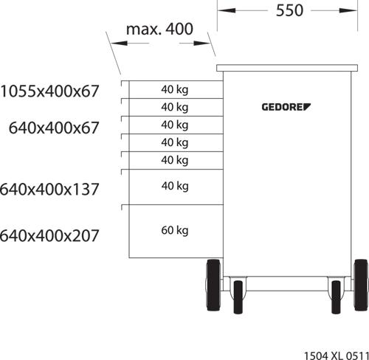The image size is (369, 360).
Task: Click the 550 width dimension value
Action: coord(289,10)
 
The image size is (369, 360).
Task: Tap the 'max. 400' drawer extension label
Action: coord(159,29)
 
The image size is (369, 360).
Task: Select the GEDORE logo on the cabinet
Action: coord(286,107)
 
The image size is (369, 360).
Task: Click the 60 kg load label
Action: coord(175,231)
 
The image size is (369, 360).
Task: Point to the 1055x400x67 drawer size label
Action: coord(49,91)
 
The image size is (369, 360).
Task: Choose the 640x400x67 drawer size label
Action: coord(54,128)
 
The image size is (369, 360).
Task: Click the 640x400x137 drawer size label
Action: coord(49,190)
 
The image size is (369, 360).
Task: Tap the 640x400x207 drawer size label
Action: coord(49,235)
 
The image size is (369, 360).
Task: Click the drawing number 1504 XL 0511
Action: coord(337,356)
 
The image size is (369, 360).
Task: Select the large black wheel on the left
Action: coord(213,285)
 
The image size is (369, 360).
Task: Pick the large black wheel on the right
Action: coord(361,285)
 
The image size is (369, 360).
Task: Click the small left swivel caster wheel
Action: coord(238,297)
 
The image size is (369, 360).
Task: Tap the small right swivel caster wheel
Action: coord(336,297)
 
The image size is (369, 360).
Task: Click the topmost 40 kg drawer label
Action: coord(175,90)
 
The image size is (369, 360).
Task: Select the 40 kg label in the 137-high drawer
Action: coord(175,186)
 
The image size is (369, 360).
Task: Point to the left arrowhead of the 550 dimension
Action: coord(227,10)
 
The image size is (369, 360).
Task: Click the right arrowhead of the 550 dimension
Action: coord(348,10)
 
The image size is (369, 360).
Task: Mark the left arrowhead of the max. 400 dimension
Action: coord(119,44)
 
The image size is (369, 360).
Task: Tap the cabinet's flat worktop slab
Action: coord(287,68)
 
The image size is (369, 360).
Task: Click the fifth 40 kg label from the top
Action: coord(175,160)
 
